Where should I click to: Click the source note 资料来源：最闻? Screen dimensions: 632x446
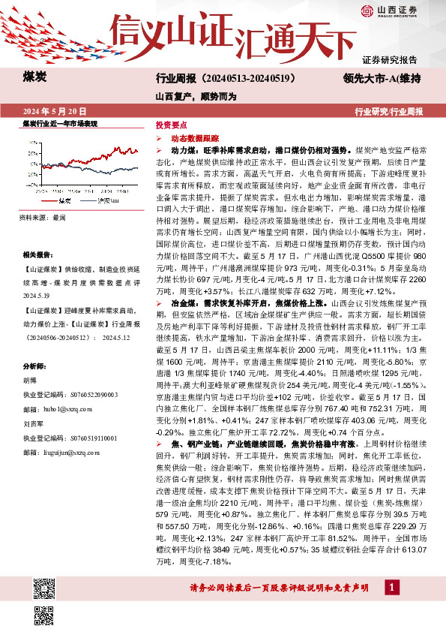43,217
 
